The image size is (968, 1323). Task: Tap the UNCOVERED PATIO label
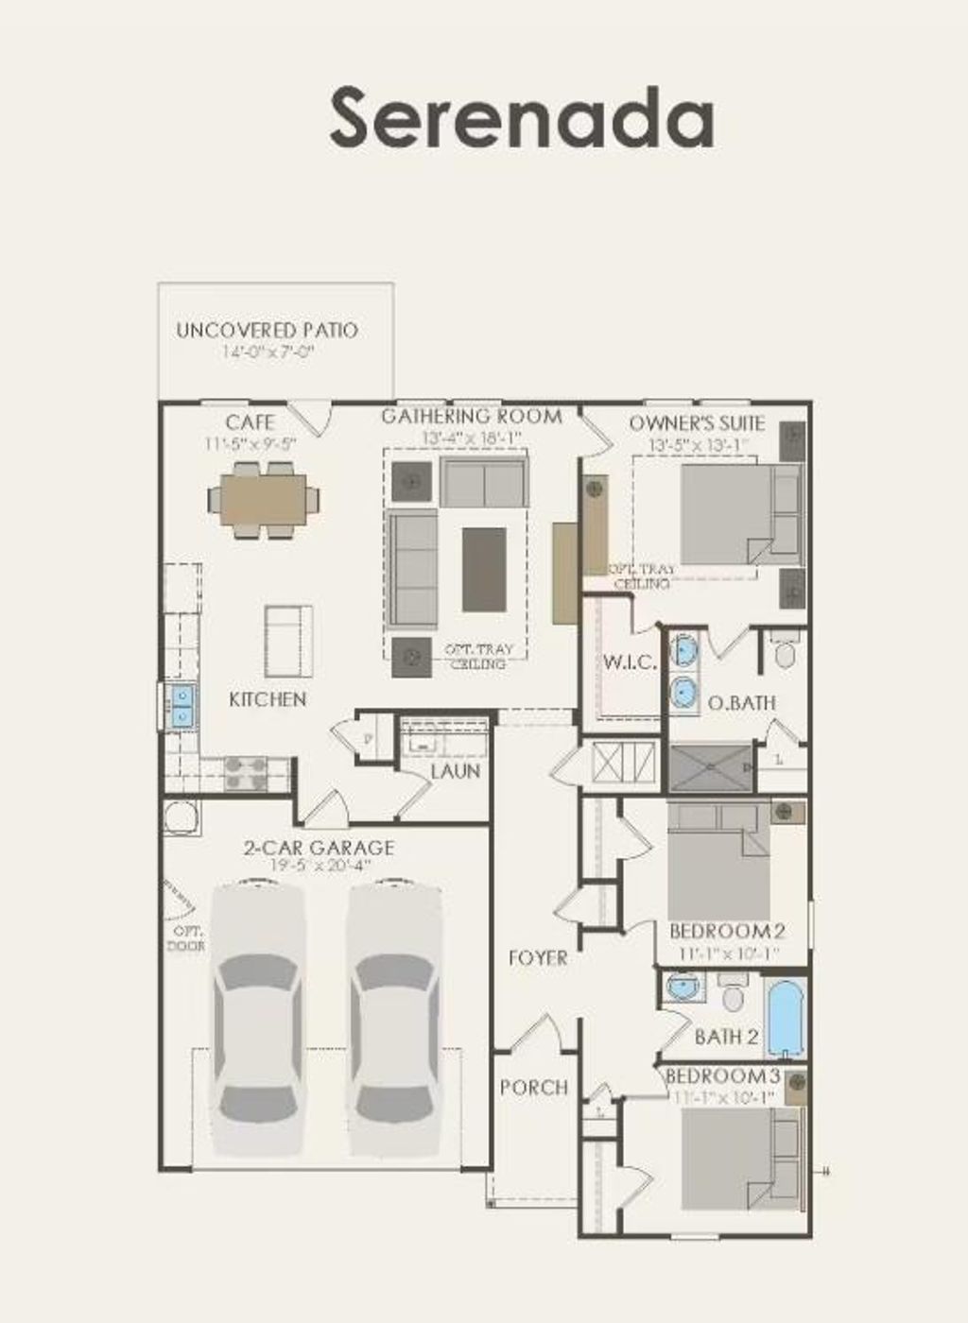coord(267,331)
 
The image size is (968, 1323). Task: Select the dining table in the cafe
coord(264,498)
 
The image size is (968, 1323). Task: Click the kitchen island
coord(288,642)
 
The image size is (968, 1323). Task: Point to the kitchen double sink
coord(181,706)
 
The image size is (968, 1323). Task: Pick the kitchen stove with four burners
coord(245,775)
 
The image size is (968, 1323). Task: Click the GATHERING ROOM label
coord(471,416)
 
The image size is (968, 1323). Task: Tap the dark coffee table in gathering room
coord(483,569)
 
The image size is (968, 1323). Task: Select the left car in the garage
coord(257,1021)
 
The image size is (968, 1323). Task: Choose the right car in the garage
coord(392,1021)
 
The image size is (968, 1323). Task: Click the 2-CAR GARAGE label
coord(319,848)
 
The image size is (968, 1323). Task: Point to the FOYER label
coord(538,958)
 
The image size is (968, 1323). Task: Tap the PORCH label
coord(534,1088)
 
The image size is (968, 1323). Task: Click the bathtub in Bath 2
coord(786,1019)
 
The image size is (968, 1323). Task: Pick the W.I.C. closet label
coord(630,662)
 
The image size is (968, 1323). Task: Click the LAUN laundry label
coord(456,771)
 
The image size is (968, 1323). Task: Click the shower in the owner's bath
coord(711,767)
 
